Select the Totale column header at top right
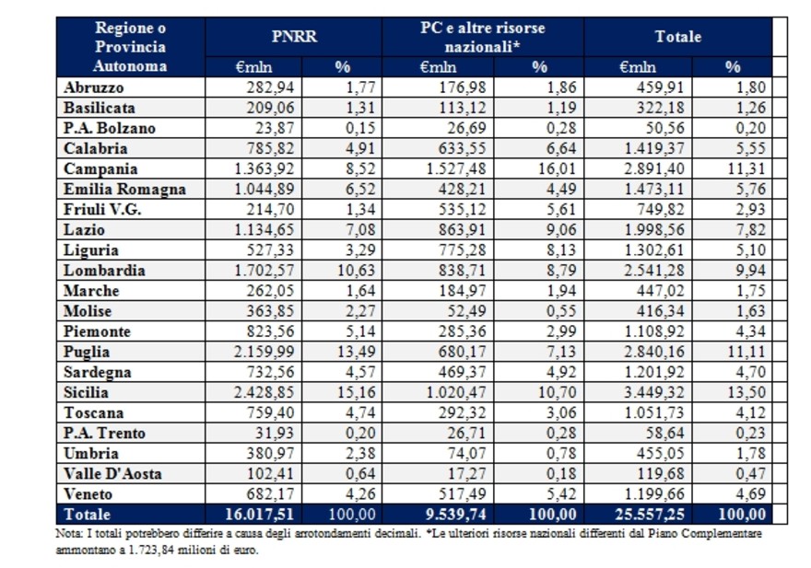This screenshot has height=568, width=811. (677, 36)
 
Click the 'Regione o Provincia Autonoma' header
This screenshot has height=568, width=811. (130, 46)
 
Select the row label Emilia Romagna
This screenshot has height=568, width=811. (124, 189)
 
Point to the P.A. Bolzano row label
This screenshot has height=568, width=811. (110, 128)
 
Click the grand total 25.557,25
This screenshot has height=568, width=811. (653, 514)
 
